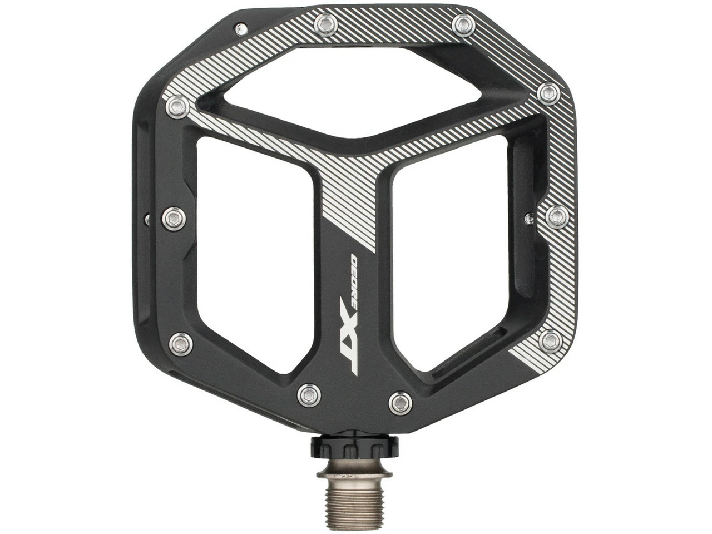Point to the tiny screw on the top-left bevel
click(x=240, y=27)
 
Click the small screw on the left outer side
click(x=147, y=220)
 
